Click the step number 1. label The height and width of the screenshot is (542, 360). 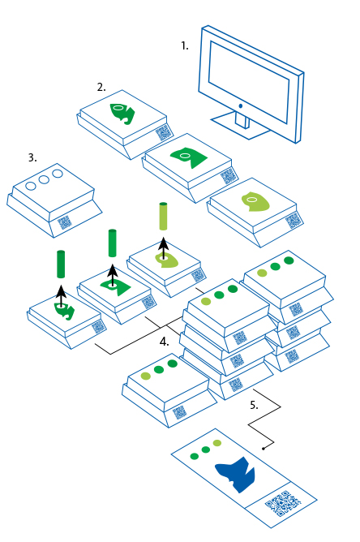(x=185, y=46)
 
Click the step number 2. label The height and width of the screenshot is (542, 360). (x=101, y=88)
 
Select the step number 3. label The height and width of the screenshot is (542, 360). (x=32, y=157)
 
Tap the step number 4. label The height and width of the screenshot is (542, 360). (x=164, y=342)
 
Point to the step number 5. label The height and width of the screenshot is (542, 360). (x=254, y=405)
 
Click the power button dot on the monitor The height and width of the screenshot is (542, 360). (x=241, y=106)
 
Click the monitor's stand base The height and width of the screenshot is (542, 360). (x=241, y=126)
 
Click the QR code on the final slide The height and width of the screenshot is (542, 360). (x=283, y=504)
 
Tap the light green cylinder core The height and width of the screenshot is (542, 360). (x=163, y=217)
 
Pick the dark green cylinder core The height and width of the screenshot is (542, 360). (x=61, y=264)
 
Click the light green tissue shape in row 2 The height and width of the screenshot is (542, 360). (x=255, y=201)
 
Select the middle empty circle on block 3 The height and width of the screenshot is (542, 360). (x=44, y=180)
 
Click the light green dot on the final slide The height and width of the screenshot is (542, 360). (x=217, y=443)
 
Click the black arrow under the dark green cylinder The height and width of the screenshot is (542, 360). (x=61, y=296)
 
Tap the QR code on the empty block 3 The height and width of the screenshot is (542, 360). (x=65, y=222)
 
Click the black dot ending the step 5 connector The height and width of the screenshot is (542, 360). (x=264, y=449)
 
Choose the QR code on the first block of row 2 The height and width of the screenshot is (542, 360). (x=164, y=132)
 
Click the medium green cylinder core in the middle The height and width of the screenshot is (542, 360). (x=112, y=243)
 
